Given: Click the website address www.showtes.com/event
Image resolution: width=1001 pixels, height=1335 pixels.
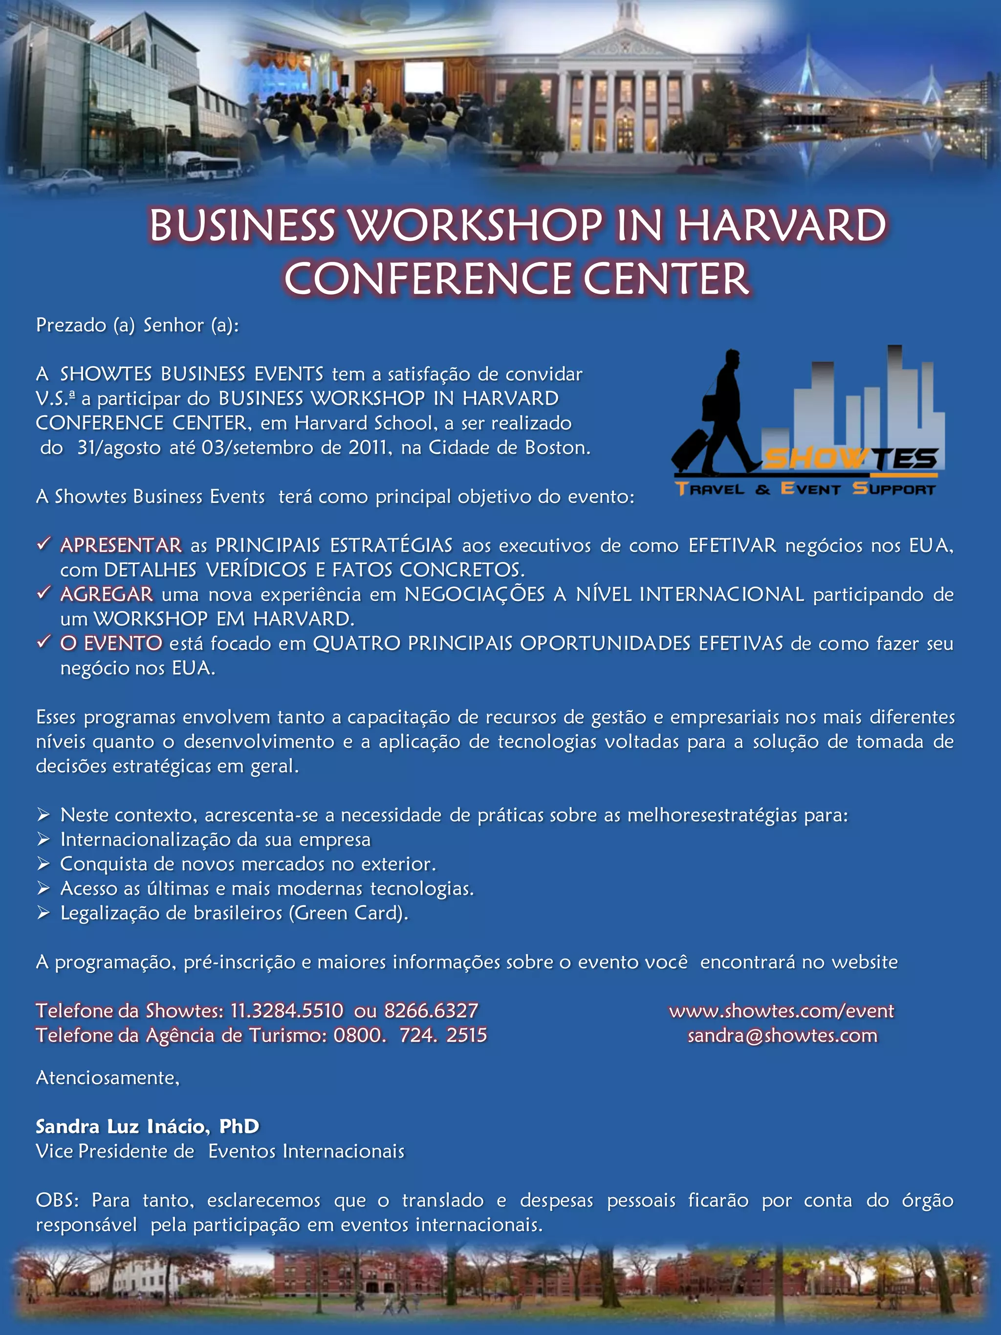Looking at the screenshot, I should [x=782, y=1010].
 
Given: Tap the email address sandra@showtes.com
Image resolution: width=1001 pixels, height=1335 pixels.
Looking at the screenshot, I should [x=782, y=1035].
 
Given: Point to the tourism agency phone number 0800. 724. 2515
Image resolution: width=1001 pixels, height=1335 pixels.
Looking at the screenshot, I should [x=410, y=1035].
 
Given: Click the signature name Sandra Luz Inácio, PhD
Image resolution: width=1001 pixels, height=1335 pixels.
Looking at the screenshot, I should [x=147, y=1126].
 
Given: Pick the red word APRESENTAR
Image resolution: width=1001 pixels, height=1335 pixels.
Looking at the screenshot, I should [x=121, y=545].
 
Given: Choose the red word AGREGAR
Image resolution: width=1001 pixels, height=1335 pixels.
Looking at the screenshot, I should [x=107, y=594].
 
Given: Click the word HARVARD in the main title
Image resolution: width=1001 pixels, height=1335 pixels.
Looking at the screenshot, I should [x=782, y=225].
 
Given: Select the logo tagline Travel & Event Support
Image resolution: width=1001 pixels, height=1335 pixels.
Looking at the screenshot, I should [x=805, y=488].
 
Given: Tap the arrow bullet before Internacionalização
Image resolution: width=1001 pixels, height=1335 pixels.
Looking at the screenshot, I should [x=43, y=839].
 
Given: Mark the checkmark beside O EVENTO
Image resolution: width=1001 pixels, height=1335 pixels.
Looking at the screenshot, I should [x=43, y=642].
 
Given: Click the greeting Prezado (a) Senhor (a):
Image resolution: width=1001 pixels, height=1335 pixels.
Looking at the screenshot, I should [x=137, y=325].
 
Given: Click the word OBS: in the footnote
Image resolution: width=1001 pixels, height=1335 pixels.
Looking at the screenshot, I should [x=57, y=1200].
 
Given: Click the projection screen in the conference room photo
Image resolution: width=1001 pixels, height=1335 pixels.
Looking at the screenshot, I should [x=423, y=79].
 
